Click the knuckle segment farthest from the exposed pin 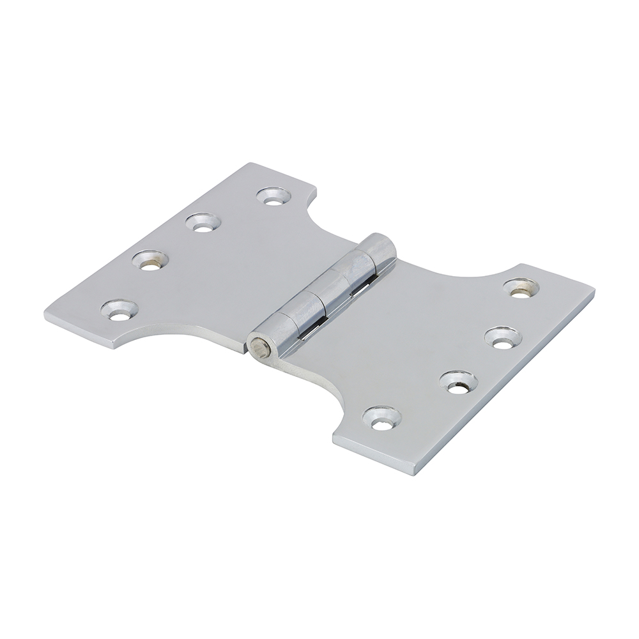377,249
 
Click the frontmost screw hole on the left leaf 119,309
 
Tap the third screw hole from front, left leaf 203,222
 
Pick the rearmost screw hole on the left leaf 273,196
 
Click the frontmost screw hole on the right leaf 382,418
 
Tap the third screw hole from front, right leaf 502,336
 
